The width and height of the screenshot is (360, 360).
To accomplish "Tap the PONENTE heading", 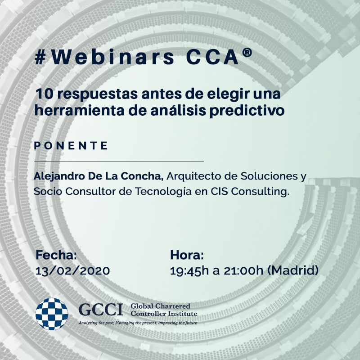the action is [x=71, y=145].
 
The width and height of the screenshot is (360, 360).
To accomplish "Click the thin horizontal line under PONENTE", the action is [x=119, y=162].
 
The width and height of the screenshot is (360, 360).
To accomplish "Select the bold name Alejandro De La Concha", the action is [x=99, y=176].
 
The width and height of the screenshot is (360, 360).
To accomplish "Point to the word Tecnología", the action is [x=163, y=192].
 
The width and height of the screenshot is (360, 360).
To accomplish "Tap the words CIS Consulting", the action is [x=250, y=192].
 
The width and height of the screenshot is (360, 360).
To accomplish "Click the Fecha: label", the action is [x=56, y=255].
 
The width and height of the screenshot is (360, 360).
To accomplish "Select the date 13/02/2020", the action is [x=72, y=271].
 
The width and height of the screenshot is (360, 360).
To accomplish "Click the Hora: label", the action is [x=187, y=255].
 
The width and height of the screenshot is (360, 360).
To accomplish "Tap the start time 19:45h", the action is [x=189, y=271].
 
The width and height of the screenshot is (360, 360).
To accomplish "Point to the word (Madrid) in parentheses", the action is [x=293, y=270].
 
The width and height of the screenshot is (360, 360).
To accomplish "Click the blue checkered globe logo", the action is [x=52, y=314].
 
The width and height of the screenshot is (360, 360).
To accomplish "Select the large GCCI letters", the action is [x=101, y=310].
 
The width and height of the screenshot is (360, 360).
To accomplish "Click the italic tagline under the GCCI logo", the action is [x=138, y=323].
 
